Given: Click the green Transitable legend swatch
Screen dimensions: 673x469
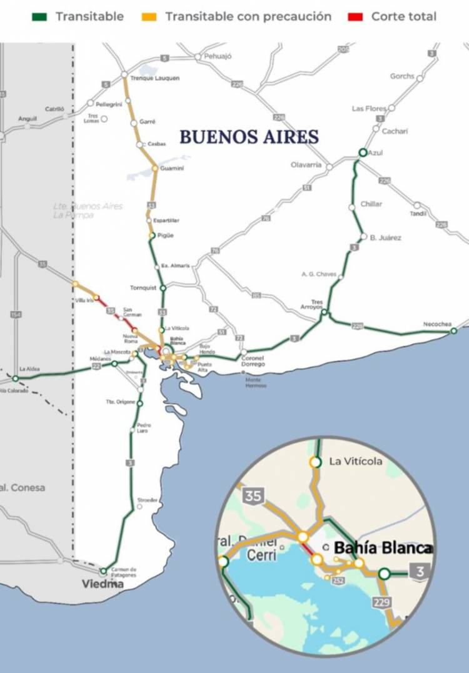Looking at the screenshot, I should click(x=39, y=17).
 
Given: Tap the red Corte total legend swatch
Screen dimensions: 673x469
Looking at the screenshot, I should click(x=355, y=17).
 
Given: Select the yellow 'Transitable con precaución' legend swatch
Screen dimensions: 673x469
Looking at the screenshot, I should click(x=149, y=17).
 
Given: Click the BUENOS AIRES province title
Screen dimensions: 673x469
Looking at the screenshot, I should click(x=250, y=137).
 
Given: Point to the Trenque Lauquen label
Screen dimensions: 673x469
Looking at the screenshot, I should click(x=155, y=78).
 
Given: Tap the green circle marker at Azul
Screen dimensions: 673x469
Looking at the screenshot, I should click(x=363, y=153).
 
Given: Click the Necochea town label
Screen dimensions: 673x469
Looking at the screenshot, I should click(x=437, y=324).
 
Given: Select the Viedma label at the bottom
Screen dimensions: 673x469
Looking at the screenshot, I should click(x=103, y=584).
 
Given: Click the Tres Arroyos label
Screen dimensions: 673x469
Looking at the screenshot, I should click(x=317, y=304).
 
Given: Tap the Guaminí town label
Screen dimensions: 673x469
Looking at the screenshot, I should click(x=173, y=168).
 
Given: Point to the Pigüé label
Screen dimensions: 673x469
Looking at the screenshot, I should click(x=165, y=235).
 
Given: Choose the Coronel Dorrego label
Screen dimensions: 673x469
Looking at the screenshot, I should click(x=253, y=360).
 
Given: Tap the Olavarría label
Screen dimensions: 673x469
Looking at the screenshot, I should click(x=306, y=165).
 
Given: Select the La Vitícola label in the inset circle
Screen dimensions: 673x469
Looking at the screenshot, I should click(x=355, y=462).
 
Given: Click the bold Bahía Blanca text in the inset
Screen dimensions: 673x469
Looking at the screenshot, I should click(x=382, y=549).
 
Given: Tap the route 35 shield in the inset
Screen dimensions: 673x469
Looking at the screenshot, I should click(x=253, y=497).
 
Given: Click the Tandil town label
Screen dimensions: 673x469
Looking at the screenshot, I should click(x=418, y=213).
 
